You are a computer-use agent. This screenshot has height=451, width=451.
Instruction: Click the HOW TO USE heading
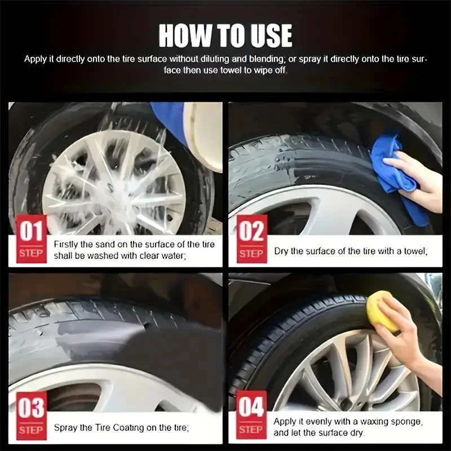click(x=225, y=34)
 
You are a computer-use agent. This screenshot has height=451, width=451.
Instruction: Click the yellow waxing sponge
click(x=382, y=310)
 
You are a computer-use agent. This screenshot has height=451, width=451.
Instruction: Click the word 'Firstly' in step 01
click(x=66, y=245)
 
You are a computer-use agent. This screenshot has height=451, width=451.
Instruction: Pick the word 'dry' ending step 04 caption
click(x=356, y=433)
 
